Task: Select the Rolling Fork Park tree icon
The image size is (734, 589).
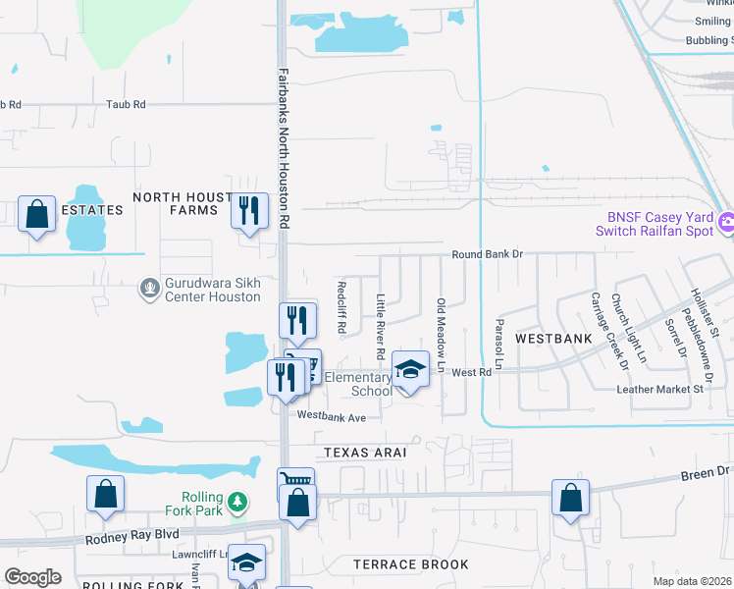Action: [x=236, y=503]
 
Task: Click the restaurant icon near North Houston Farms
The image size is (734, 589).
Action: [x=249, y=210]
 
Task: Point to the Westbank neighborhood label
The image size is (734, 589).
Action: [x=553, y=339]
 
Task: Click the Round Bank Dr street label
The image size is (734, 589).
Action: [x=488, y=254]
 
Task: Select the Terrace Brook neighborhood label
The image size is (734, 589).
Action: [x=411, y=564]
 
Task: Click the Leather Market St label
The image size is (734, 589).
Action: [x=661, y=390]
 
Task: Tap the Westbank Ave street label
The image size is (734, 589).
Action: [x=331, y=417]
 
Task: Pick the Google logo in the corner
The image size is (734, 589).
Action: [x=33, y=576]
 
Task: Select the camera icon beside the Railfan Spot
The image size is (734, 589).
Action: [x=726, y=223]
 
